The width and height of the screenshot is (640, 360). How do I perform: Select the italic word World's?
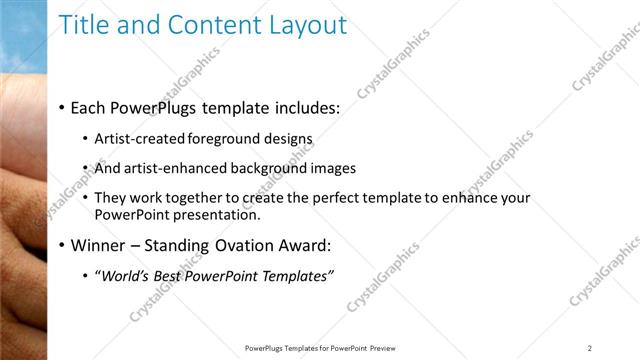(123, 276)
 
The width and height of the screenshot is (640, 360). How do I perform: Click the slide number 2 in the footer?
(590, 348)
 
